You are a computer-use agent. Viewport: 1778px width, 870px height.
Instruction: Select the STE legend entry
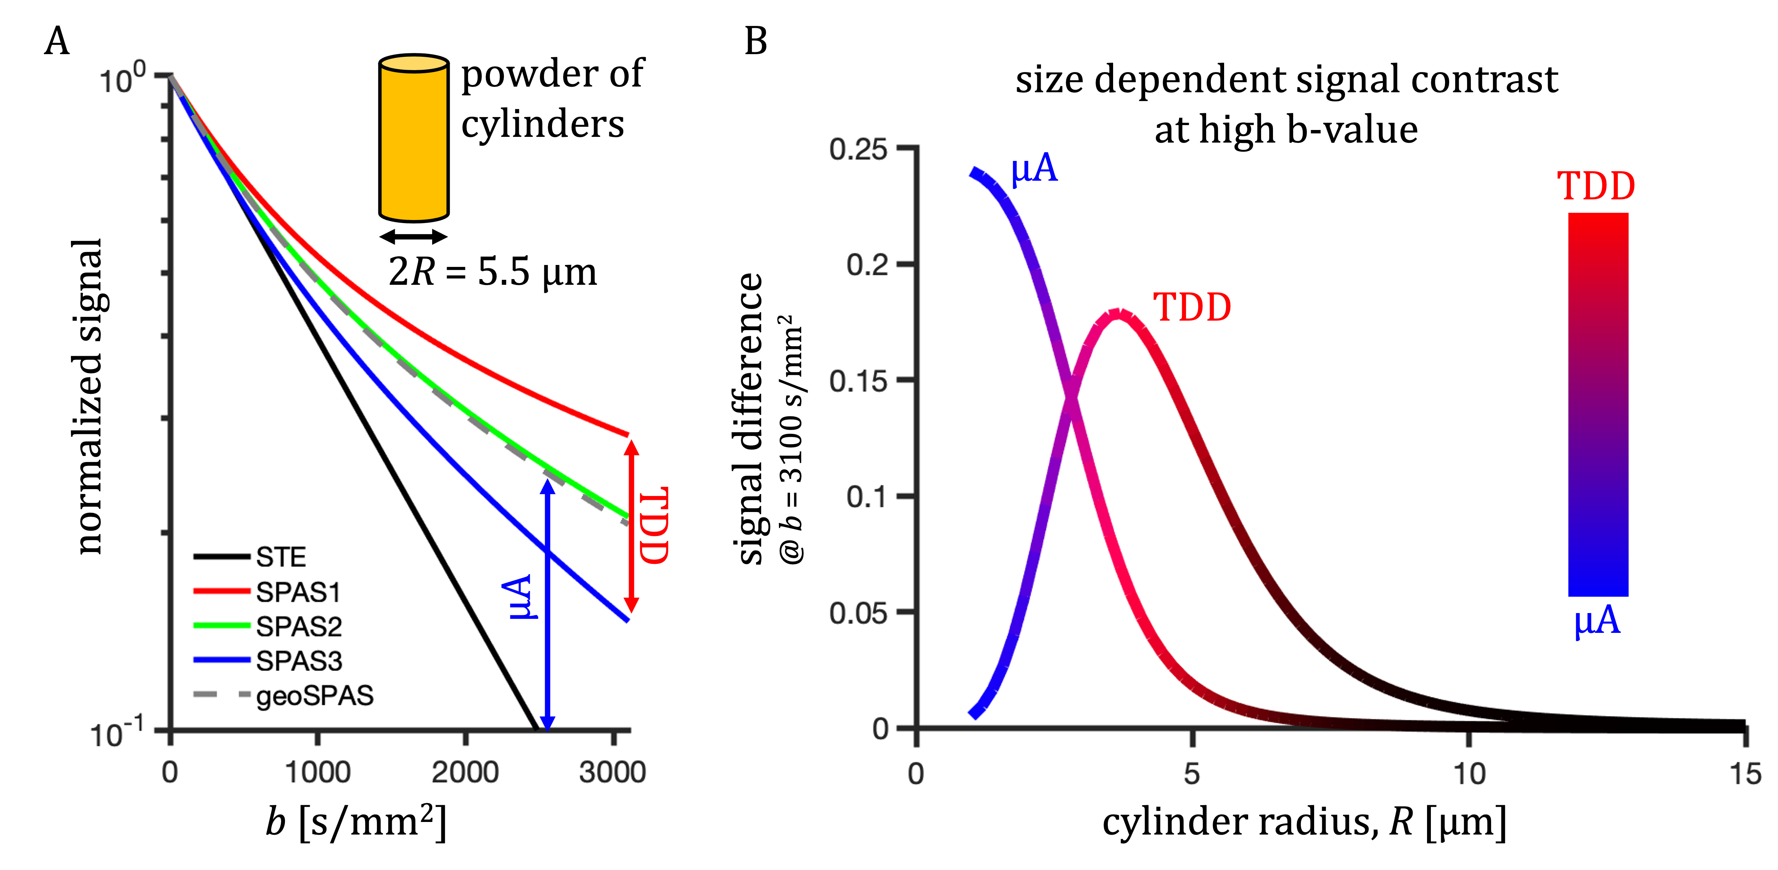click(x=281, y=557)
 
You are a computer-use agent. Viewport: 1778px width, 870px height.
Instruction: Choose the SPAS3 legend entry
click(x=298, y=661)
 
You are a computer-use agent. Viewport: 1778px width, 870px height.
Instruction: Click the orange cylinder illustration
click(x=414, y=138)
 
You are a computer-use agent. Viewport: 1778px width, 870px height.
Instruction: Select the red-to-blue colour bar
click(x=1598, y=404)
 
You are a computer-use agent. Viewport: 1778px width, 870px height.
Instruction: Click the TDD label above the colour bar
click(x=1596, y=186)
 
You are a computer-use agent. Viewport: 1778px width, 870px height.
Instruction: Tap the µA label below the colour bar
click(x=1597, y=621)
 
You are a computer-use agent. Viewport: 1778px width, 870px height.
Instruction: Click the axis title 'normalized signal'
click(x=88, y=397)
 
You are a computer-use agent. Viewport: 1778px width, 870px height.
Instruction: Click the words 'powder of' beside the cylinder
click(x=552, y=74)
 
